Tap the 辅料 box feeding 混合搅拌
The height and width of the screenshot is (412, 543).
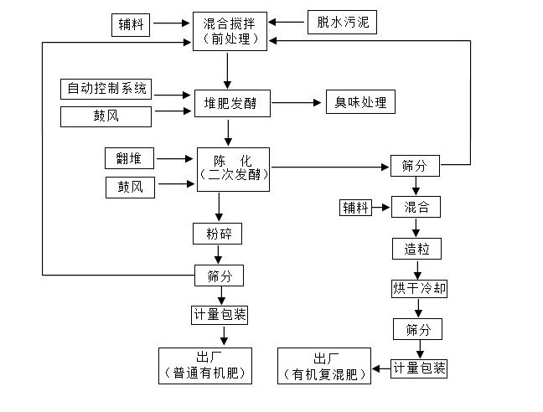[132, 25]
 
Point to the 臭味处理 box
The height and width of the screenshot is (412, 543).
[360, 103]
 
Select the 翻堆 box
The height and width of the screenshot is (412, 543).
[130, 157]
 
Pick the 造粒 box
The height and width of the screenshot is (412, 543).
[416, 248]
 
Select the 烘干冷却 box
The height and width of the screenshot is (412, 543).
[420, 288]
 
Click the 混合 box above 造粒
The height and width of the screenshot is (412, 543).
[416, 206]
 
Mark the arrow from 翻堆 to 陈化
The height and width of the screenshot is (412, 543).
[175, 157]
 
